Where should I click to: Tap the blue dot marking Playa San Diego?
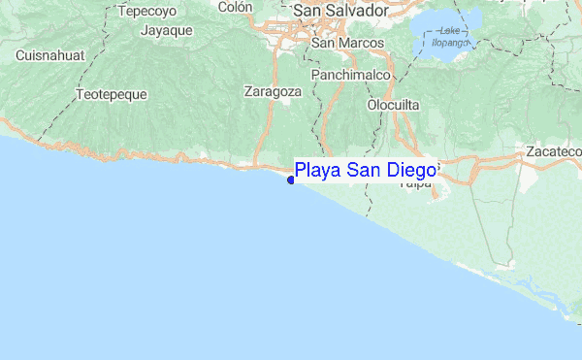tap(291, 179)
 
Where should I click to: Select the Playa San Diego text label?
tap(366, 171)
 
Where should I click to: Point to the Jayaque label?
tap(167, 30)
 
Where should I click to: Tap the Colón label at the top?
tap(236, 7)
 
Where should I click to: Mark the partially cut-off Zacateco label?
tap(553, 152)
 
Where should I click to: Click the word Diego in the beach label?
tap(411, 171)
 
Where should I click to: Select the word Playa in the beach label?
tap(317, 172)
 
